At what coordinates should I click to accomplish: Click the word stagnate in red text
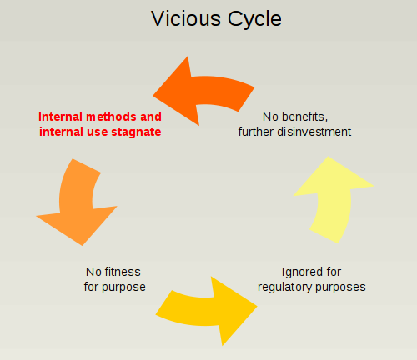click(137, 132)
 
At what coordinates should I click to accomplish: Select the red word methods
click(109, 117)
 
